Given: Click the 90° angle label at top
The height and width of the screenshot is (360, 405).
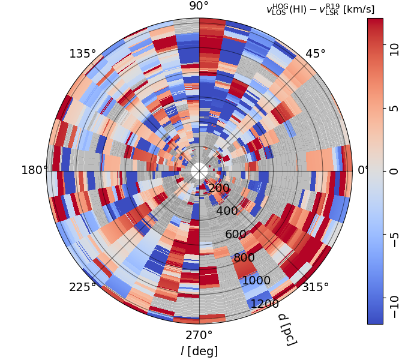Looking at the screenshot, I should (x=199, y=6).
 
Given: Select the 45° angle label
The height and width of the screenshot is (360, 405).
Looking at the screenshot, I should (x=316, y=54).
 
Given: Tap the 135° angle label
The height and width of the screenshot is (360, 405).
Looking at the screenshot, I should (x=83, y=54).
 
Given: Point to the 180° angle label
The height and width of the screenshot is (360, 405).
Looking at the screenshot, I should (x=35, y=170).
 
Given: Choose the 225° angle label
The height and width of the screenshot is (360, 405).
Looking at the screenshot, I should (x=83, y=287).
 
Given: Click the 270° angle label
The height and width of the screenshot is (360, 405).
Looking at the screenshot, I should (x=199, y=335).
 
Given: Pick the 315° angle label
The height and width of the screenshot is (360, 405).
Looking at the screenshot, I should (x=316, y=287).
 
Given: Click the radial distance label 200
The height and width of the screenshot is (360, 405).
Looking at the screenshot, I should (x=219, y=188).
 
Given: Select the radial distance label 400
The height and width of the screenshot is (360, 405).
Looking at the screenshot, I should (x=227, y=211).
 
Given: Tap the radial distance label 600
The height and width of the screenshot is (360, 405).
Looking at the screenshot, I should (x=236, y=235).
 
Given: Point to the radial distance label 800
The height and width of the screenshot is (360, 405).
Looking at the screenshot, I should (x=244, y=258).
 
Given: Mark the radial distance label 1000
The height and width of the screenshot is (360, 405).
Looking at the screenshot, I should (x=256, y=281).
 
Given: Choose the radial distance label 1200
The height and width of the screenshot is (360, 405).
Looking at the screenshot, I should (x=265, y=304).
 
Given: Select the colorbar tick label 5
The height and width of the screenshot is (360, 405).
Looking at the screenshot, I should (x=394, y=109).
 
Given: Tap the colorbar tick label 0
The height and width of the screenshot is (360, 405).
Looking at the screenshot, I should (x=394, y=171).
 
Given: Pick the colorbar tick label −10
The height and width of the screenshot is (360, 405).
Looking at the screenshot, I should (x=394, y=306).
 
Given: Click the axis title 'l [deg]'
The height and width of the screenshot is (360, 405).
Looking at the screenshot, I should (x=199, y=351).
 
